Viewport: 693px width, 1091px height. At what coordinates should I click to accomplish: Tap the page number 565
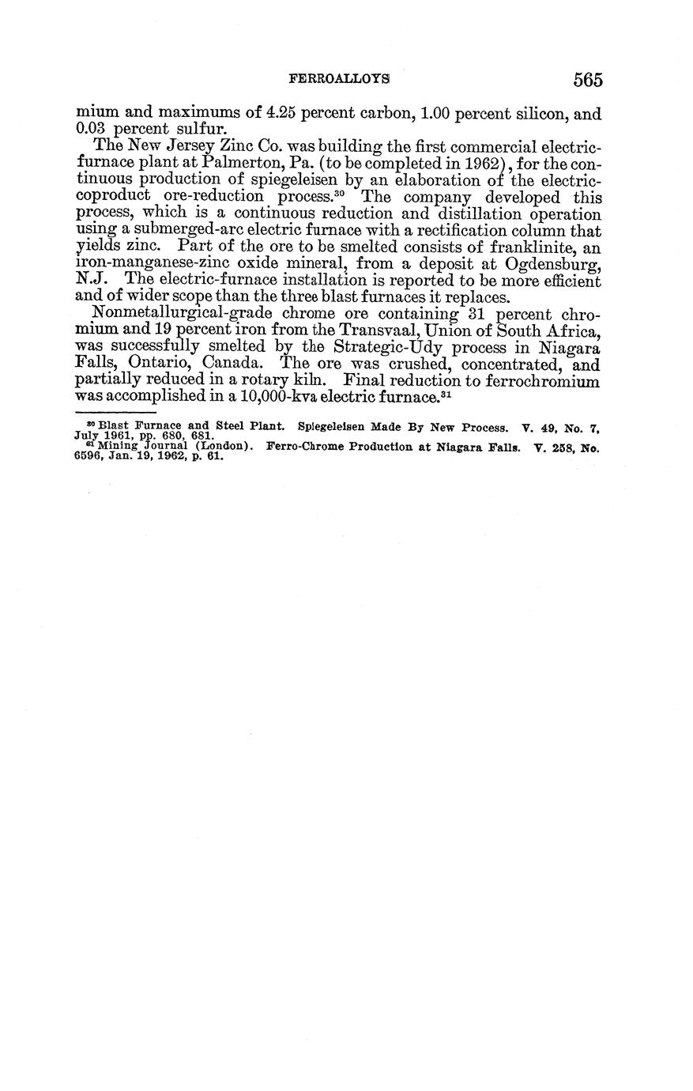[588, 79]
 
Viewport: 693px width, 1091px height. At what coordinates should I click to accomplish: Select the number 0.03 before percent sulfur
[92, 129]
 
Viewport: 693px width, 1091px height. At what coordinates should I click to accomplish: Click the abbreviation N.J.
[87, 281]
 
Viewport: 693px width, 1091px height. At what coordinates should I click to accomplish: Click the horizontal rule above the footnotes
[115, 412]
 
